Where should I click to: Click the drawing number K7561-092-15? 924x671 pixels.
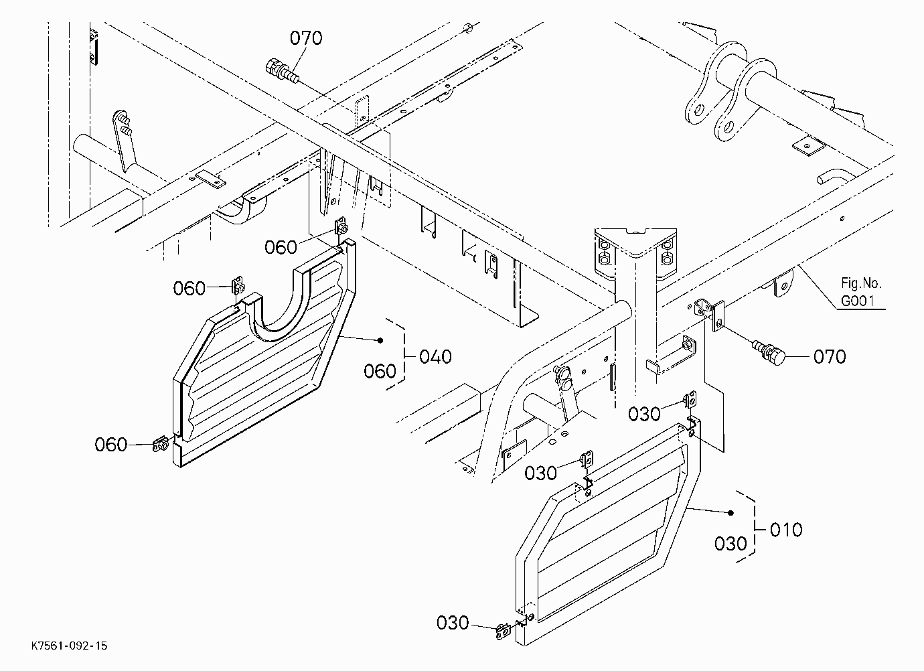[x=70, y=646]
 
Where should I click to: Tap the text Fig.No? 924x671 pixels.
[x=861, y=283]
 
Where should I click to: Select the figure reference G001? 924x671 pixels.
[x=858, y=301]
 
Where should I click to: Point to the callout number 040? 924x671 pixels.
[x=435, y=356]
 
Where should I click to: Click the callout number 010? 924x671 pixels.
[x=786, y=530]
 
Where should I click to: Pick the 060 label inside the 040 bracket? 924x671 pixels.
[x=380, y=371]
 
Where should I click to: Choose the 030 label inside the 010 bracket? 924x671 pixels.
[x=730, y=544]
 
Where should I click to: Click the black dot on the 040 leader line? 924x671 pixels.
[x=380, y=340]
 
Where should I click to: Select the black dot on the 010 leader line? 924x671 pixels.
[x=731, y=513]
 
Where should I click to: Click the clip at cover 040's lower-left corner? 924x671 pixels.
[x=160, y=445]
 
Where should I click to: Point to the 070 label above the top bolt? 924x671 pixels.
[x=306, y=38]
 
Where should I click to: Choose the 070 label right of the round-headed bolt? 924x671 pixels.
[x=830, y=356]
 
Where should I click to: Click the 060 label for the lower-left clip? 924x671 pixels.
[x=110, y=445]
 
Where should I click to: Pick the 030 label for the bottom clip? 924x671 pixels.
[x=453, y=623]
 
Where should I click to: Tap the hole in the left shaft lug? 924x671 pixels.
[x=699, y=110]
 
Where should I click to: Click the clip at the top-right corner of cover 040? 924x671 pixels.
[x=341, y=227]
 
